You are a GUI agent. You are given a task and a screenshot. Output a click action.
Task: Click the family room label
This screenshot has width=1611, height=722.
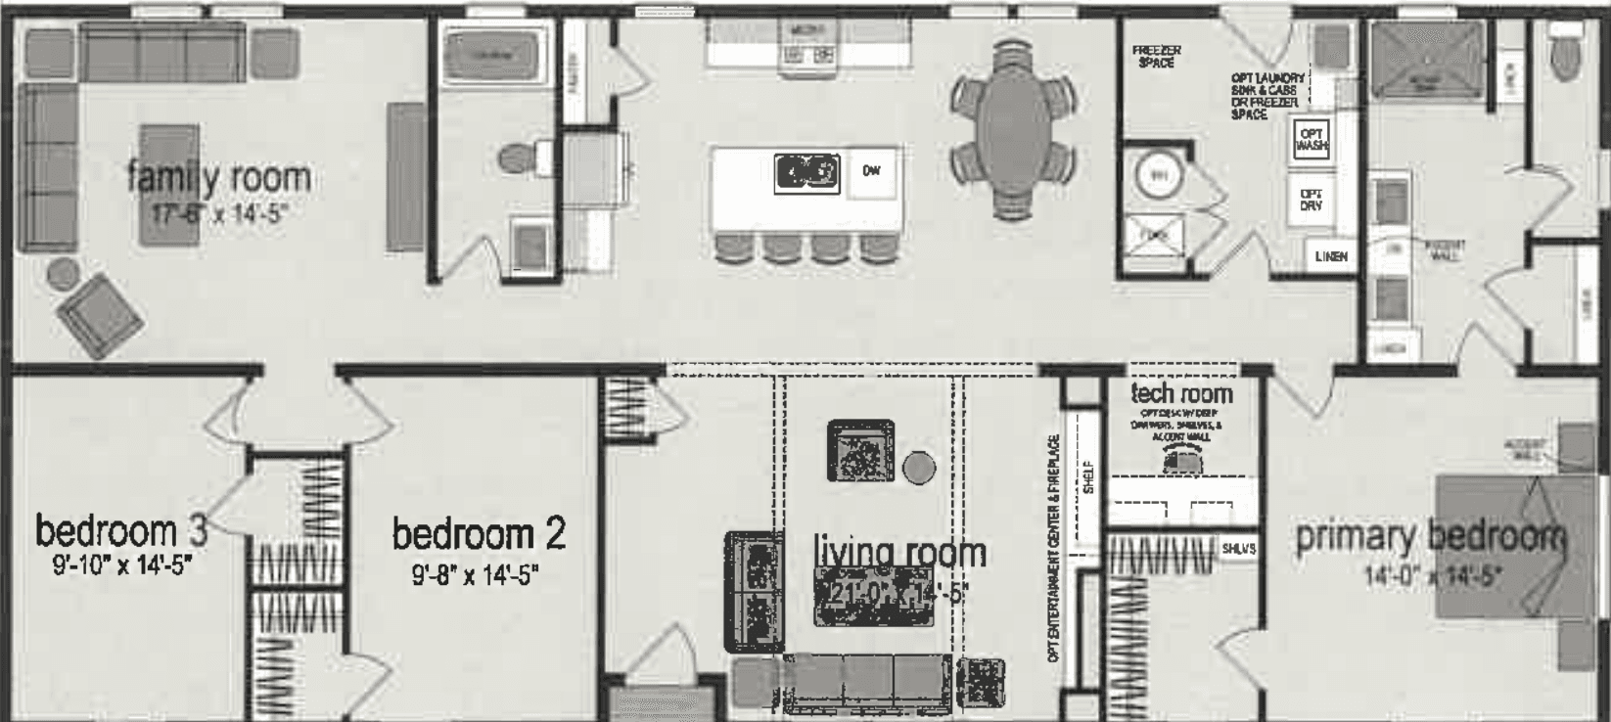click(x=219, y=177)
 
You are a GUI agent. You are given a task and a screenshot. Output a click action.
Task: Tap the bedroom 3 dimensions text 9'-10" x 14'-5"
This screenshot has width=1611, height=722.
click(x=121, y=564)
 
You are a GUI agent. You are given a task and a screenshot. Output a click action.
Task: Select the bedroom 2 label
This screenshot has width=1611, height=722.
click(x=479, y=534)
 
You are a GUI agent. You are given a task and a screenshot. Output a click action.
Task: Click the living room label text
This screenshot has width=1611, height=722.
click(x=899, y=553)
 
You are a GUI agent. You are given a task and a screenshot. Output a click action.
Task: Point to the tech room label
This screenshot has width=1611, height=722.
click(x=1181, y=393)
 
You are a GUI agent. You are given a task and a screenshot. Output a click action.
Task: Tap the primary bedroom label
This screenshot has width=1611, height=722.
click(x=1430, y=536)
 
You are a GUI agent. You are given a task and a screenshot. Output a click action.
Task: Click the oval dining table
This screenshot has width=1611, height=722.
click(x=1013, y=127)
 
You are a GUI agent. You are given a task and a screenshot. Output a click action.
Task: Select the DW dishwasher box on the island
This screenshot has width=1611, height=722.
click(x=871, y=171)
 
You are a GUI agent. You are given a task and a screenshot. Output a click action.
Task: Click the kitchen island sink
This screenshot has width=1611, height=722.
click(x=806, y=173)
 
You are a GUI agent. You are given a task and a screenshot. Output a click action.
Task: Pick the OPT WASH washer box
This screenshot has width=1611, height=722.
click(x=1312, y=140)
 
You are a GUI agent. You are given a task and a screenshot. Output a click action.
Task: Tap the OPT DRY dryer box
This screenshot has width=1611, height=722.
click(x=1312, y=200)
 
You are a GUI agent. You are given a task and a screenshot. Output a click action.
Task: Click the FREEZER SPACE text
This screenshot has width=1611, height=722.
click(x=1156, y=56)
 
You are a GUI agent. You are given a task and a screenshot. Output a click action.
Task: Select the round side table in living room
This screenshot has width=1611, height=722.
click(x=918, y=468)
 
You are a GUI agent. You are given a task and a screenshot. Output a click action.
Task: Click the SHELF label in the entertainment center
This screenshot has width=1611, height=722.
click(x=1087, y=476)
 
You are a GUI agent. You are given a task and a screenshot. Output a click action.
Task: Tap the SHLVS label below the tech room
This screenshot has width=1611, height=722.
click(x=1238, y=549)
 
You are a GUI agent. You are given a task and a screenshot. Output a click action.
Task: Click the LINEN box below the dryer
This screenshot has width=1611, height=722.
click(x=1331, y=256)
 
